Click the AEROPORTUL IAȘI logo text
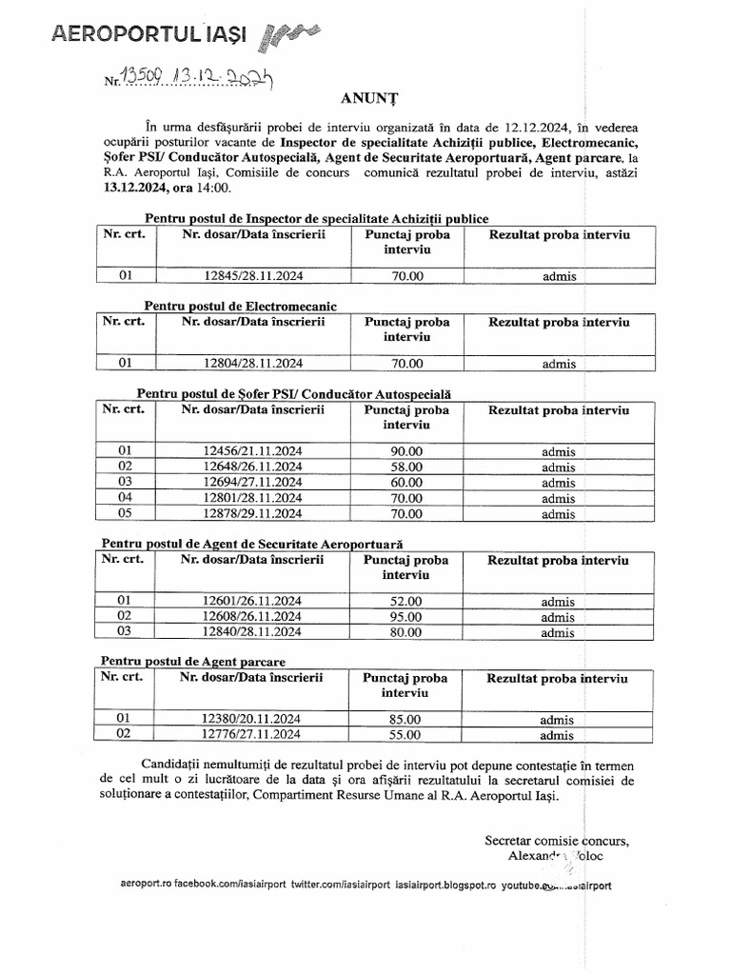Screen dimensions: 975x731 pyautogui.click(x=148, y=35)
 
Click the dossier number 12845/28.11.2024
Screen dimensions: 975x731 pyautogui.click(x=253, y=277)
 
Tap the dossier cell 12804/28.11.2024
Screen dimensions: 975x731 pyautogui.click(x=253, y=363)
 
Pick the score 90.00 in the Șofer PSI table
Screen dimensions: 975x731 pyautogui.click(x=405, y=450)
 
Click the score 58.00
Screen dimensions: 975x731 pyautogui.click(x=405, y=467)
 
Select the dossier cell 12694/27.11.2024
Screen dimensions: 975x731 pyautogui.click(x=253, y=483)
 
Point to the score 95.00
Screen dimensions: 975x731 pyautogui.click(x=405, y=617)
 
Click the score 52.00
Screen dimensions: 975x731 pyautogui.click(x=405, y=602)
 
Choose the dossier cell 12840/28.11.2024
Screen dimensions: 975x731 pyautogui.click(x=252, y=633)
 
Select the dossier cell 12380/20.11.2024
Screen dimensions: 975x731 pyautogui.click(x=251, y=719)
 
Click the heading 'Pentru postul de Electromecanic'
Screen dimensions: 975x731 pyautogui.click(x=241, y=306)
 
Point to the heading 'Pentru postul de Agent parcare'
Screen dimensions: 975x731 pyautogui.click(x=193, y=661)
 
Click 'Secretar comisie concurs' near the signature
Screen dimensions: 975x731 pyautogui.click(x=556, y=841)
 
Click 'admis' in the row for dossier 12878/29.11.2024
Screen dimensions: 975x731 pyautogui.click(x=558, y=515)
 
